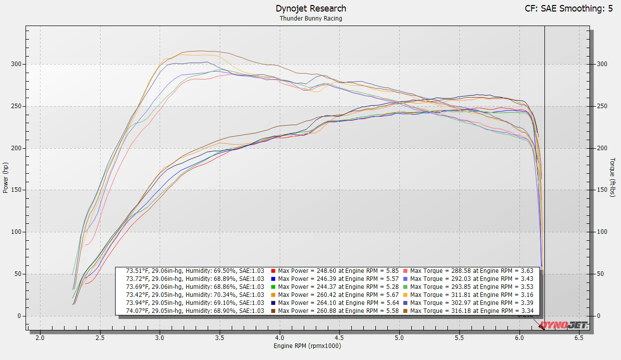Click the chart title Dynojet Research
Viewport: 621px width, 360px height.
pyautogui.click(x=311, y=9)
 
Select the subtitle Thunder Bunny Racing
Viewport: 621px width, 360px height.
pyautogui.click(x=311, y=19)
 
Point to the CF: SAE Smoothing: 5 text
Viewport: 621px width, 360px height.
pyautogui.click(x=568, y=9)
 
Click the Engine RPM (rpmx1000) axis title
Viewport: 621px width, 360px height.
pyautogui.click(x=307, y=346)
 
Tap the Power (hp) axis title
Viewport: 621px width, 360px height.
pyautogui.click(x=6, y=178)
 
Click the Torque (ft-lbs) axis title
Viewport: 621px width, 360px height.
pyautogui.click(x=612, y=178)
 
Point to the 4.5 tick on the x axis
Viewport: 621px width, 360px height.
pyautogui.click(x=339, y=338)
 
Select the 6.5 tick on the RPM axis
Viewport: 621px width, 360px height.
pyautogui.click(x=579, y=338)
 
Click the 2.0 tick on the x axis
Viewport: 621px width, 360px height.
pyautogui.click(x=40, y=338)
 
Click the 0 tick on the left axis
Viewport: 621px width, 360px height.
pyautogui.click(x=20, y=316)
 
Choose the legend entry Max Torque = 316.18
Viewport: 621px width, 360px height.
pyautogui.click(x=471, y=311)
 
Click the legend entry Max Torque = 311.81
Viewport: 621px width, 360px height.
pyautogui.click(x=471, y=295)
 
